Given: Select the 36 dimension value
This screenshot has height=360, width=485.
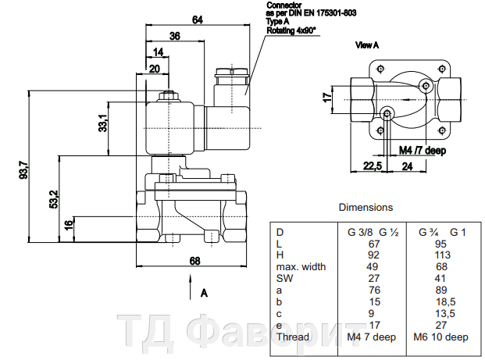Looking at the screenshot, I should click(174, 36).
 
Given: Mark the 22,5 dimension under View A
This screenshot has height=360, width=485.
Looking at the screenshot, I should click(372, 166).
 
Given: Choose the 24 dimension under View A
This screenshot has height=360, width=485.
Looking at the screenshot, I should click(407, 166).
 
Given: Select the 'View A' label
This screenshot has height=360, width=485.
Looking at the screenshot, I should click(367, 45).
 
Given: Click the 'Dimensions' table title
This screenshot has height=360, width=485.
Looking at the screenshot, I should click(366, 208).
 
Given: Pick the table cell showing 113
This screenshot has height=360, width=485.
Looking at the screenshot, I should click(443, 255).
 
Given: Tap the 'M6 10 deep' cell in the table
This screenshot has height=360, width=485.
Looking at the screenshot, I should click(443, 337).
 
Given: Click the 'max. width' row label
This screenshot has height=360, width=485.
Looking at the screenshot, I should click(300, 266).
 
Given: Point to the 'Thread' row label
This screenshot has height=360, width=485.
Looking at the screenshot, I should click(293, 337).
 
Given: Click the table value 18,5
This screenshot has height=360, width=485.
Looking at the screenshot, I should click(443, 301).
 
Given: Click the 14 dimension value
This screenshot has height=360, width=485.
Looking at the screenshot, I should click(159, 52).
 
